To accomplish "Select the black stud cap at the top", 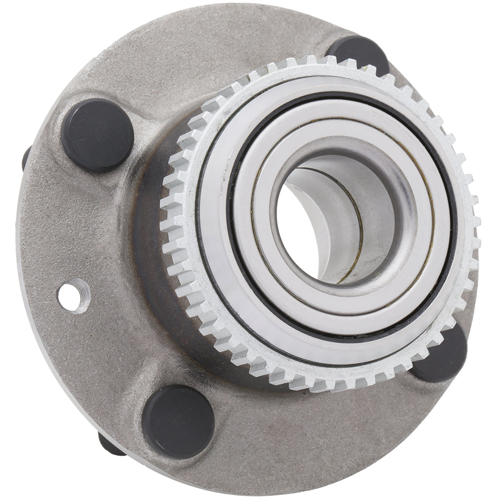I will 358,54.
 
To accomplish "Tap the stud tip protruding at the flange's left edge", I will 25,158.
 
